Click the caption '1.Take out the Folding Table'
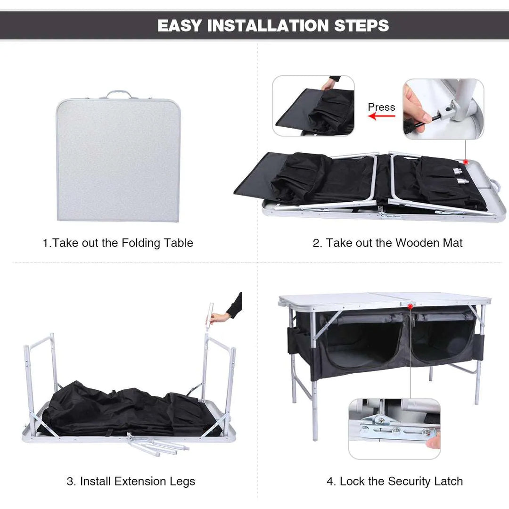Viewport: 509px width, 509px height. [118, 243]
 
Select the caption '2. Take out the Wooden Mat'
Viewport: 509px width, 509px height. [387, 243]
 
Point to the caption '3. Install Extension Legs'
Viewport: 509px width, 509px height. [131, 481]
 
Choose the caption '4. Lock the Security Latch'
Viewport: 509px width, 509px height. [394, 481]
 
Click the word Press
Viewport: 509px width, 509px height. [381, 107]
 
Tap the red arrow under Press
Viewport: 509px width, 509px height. [381, 116]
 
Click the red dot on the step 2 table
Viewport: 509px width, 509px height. [466, 162]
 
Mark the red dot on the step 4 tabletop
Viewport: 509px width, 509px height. [411, 306]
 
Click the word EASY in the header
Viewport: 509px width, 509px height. [179, 25]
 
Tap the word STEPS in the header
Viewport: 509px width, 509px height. [361, 25]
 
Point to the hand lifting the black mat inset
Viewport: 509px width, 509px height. [328, 85]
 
